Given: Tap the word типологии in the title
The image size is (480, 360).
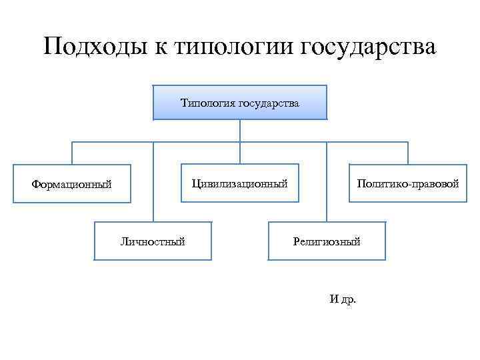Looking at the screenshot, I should (234, 48).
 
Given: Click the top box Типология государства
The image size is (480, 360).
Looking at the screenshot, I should (240, 103).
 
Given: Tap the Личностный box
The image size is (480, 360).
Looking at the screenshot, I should (153, 241).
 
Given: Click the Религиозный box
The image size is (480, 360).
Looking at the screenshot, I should (326, 241).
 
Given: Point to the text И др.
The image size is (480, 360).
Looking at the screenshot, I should (343, 299).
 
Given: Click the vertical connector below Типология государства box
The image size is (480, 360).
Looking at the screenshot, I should (240, 131).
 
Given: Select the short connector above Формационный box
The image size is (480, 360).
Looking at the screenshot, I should (72, 153).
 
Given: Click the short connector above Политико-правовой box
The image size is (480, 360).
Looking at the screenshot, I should (407, 153).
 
